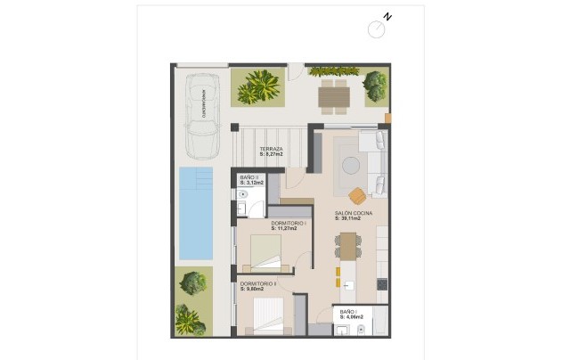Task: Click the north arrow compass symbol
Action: point(378,29)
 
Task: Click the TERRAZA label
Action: point(271,149)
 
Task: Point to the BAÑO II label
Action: point(249,178)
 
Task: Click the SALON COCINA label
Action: point(354,214)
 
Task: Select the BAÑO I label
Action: point(349,312)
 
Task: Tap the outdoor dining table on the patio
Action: point(333,92)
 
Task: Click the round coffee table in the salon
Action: point(352,165)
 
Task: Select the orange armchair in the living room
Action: point(357,195)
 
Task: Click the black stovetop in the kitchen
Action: point(382,284)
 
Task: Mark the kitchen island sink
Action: point(348,285)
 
